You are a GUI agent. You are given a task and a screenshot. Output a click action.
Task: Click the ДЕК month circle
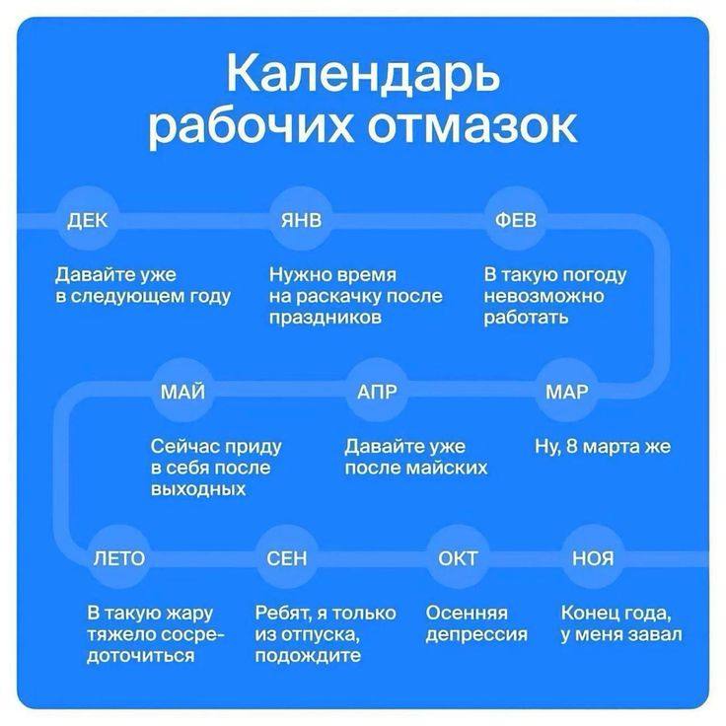click(88, 220)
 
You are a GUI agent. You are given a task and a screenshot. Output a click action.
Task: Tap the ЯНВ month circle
click(301, 220)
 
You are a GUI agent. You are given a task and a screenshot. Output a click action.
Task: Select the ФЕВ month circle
click(516, 220)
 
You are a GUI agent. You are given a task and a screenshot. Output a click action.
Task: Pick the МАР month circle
click(567, 392)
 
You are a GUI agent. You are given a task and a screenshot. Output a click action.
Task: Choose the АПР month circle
click(377, 392)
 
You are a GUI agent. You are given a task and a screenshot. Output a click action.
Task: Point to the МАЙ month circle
click(182, 392)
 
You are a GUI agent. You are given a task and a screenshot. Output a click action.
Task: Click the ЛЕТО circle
click(119, 558)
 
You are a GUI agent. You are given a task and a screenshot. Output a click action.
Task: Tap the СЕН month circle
click(287, 558)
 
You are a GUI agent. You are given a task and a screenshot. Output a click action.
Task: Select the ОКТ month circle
click(458, 558)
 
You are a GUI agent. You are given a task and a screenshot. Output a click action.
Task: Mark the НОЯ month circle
click(593, 558)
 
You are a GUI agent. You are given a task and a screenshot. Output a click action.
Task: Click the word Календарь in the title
click(363, 74)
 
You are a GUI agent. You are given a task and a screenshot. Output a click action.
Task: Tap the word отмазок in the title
click(472, 126)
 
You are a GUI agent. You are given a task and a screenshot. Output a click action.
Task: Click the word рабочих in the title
click(251, 127)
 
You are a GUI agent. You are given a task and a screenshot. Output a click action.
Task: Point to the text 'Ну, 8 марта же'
click(603, 447)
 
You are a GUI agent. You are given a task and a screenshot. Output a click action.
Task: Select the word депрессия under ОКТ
click(476, 635)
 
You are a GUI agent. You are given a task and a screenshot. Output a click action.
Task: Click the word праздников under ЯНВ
click(326, 318)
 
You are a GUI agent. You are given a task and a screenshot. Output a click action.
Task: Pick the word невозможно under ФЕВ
click(544, 296)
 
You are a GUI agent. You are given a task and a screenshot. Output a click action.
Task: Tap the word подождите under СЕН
click(308, 656)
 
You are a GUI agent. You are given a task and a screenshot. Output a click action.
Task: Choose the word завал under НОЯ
click(656, 634)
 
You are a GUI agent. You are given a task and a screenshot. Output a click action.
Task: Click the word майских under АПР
click(446, 469)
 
